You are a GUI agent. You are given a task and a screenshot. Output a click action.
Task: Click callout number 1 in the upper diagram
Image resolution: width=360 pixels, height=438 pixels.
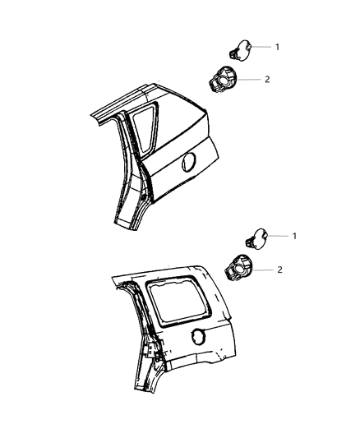coord(276,47)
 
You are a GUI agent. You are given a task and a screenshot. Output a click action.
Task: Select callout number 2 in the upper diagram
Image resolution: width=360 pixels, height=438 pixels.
coord(266,80)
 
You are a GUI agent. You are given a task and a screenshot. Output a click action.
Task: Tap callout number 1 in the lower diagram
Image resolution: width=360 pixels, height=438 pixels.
coord(294,235)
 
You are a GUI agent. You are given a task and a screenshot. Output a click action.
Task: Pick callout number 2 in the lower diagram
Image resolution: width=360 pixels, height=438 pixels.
coord(280,269)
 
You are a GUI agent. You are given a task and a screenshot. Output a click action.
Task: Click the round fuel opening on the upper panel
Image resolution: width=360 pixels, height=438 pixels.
coord(187,162)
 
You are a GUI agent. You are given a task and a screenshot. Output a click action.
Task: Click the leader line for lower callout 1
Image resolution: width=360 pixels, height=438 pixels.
coord(279,235)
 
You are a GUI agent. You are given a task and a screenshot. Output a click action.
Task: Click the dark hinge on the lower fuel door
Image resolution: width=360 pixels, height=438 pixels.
coord(248,243)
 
